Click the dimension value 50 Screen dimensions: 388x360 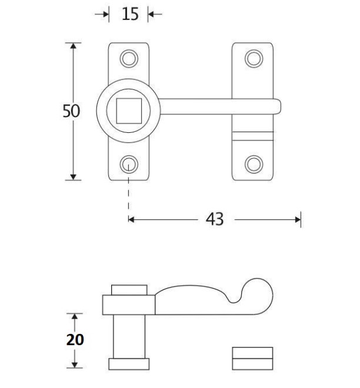72,111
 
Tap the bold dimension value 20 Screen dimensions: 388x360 75,340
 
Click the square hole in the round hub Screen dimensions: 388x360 129,111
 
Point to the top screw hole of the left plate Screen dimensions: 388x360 129,58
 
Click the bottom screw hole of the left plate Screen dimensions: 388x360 129,163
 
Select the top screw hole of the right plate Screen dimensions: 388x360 253,58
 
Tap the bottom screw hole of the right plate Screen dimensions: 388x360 253,163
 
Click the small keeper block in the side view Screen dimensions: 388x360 252,357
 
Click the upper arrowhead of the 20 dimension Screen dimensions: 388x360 74,317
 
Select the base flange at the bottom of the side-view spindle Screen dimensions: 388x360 129,363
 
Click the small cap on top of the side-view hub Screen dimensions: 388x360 129,290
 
